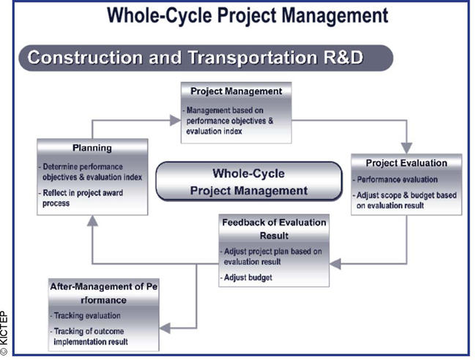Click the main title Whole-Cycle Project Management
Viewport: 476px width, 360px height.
[x=248, y=15]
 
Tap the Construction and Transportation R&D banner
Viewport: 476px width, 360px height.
[x=206, y=58]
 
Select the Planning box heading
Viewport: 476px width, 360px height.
[x=92, y=148]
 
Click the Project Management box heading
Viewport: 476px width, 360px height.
[x=237, y=91]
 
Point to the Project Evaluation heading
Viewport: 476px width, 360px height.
[x=406, y=163]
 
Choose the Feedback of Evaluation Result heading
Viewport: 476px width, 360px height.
[x=274, y=229]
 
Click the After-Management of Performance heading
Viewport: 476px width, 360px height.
[x=103, y=293]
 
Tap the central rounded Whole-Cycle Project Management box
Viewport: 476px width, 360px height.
[x=249, y=181]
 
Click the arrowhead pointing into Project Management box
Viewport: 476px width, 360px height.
[x=175, y=121]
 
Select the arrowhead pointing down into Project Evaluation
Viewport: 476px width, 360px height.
[x=406, y=148]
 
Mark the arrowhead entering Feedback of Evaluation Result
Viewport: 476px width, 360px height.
[x=335, y=263]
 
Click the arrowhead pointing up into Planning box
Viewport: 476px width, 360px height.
[x=92, y=221]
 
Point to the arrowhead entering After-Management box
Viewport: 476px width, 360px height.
[x=165, y=328]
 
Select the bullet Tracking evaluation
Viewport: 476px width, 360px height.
[x=86, y=315]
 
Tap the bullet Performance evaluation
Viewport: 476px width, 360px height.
[x=395, y=179]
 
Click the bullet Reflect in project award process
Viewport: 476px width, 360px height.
[x=81, y=198]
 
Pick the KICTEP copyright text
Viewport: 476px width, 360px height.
[x=4, y=333]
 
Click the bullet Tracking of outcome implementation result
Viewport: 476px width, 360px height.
[x=89, y=337]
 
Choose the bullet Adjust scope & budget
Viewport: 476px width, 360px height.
[x=405, y=200]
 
